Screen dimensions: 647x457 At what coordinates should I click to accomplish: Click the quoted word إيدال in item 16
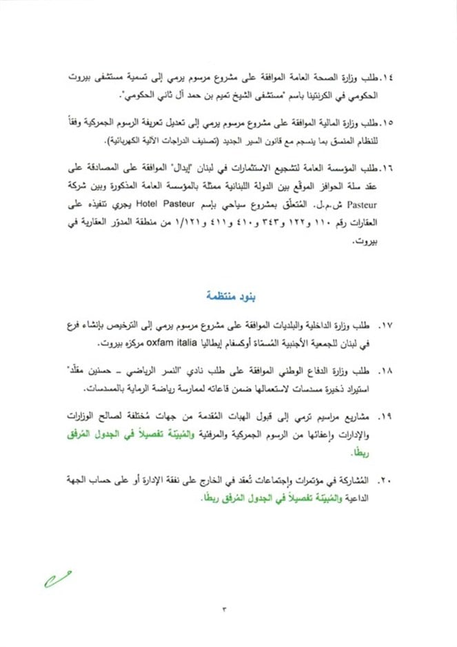click(x=205, y=167)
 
